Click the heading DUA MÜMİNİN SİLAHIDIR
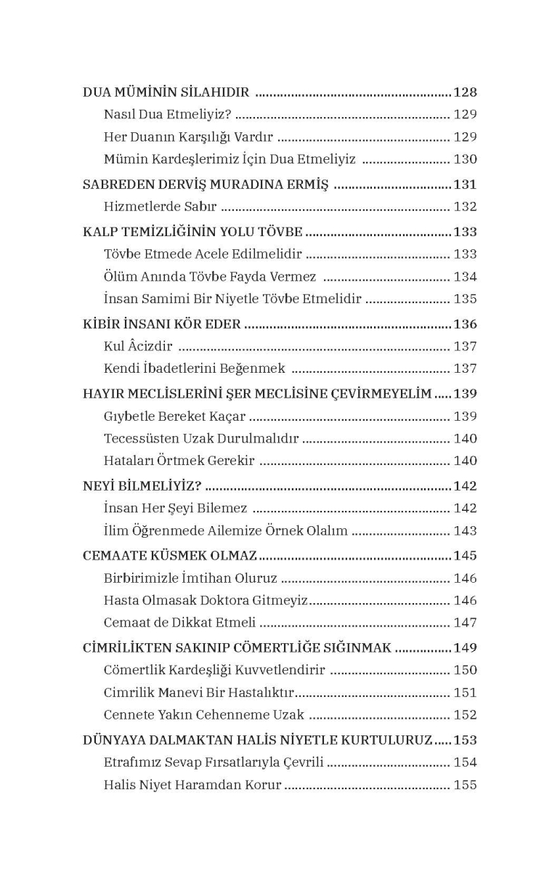click(166, 92)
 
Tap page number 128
click(465, 92)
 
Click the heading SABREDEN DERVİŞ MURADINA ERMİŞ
click(206, 185)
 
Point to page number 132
click(465, 207)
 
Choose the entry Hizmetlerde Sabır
click(161, 207)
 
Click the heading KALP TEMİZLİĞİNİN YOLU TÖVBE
click(192, 233)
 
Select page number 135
click(465, 299)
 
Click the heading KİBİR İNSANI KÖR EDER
click(161, 324)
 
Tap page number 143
click(465, 531)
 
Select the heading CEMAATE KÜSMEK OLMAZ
click(170, 556)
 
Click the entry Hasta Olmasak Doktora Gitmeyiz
click(206, 600)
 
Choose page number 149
click(465, 647)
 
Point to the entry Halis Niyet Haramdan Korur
click(192, 785)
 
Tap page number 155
click(465, 785)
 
